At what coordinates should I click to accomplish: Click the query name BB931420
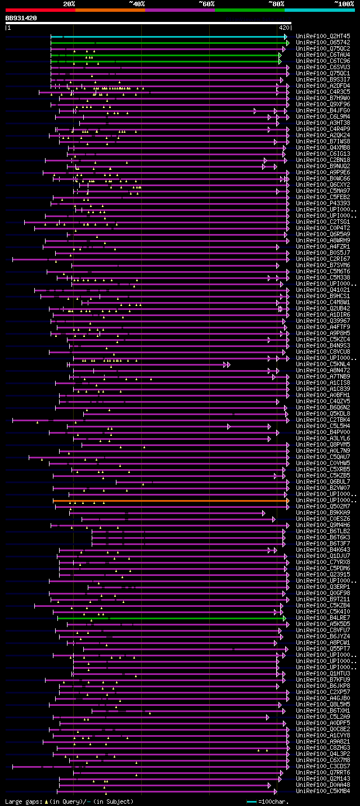(x=21, y=18)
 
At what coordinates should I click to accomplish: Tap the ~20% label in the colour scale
(x=69, y=3)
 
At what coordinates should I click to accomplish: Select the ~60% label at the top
(x=206, y=3)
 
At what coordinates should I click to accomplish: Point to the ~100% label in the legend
(x=344, y=3)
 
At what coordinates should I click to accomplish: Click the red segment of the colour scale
(x=40, y=10)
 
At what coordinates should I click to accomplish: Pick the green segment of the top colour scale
(x=249, y=10)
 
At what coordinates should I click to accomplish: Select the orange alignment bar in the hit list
(x=169, y=500)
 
